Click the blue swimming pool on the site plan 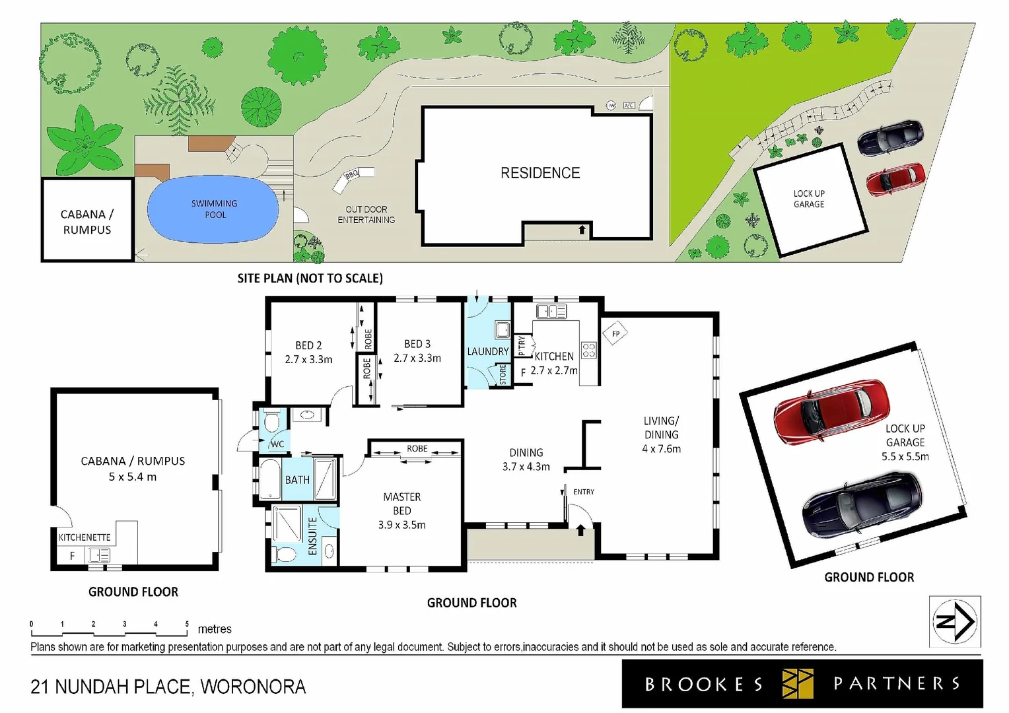(213, 209)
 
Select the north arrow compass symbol (955, 621)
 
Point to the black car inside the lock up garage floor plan (862, 504)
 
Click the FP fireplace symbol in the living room (615, 333)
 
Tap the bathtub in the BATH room (271, 479)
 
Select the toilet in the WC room (272, 421)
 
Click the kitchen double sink (551, 311)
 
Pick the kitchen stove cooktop (588, 350)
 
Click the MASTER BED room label (401, 504)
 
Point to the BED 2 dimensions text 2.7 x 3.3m (308, 360)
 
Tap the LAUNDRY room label (487, 351)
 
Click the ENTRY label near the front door (583, 492)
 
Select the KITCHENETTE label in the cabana (84, 537)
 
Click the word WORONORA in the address (253, 687)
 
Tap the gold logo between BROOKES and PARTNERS (798, 683)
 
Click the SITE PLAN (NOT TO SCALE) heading (310, 279)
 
